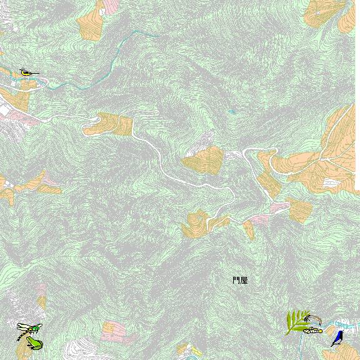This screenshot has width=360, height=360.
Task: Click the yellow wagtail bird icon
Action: (x=27, y=73)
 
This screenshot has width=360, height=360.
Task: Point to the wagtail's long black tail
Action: (x=36, y=74)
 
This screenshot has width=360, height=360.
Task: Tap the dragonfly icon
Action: (x=29, y=328)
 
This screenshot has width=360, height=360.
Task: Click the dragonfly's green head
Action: (x=38, y=327)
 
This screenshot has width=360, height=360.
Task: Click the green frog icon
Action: (x=34, y=343)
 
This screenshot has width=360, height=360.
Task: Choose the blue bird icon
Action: (x=337, y=338)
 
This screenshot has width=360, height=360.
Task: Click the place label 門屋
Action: (x=240, y=281)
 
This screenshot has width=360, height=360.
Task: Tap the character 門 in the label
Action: (x=236, y=281)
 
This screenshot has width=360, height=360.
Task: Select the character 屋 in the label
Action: (x=244, y=281)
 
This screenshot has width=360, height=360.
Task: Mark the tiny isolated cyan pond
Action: (x=232, y=111)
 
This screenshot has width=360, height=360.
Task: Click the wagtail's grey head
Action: (x=22, y=71)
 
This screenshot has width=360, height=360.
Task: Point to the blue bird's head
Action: (x=341, y=333)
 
